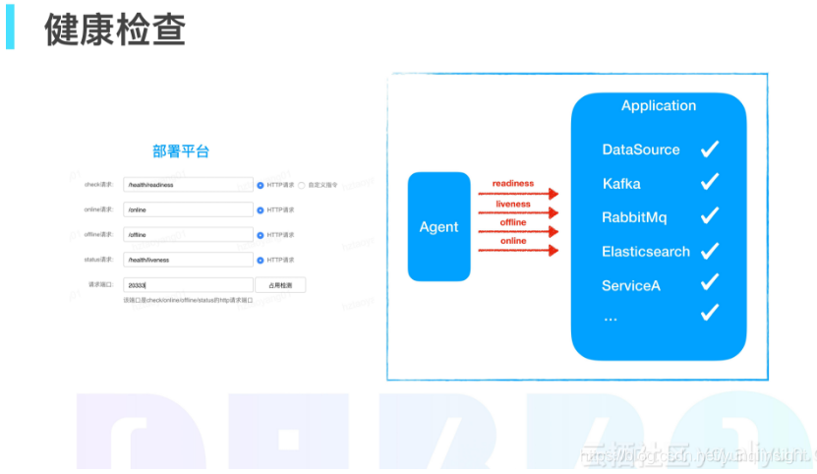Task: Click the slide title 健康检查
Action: pos(115,30)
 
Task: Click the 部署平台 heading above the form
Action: pos(181,151)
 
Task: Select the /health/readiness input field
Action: pos(189,185)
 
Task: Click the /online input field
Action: pos(189,209)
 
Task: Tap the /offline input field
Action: pos(189,235)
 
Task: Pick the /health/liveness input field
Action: pos(189,260)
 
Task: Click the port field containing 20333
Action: pos(189,285)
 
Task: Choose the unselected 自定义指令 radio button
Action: pos(302,185)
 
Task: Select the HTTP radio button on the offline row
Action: pos(261,235)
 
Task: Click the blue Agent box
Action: pos(438,227)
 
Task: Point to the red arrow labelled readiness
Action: pos(518,194)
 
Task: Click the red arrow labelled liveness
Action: pos(518,212)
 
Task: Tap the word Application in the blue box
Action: pos(659,106)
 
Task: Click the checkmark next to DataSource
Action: pos(710,149)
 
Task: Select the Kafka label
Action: pos(621,184)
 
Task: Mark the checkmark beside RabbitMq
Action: pos(710,216)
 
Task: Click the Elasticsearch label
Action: pos(646,252)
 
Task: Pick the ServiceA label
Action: pos(630,285)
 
